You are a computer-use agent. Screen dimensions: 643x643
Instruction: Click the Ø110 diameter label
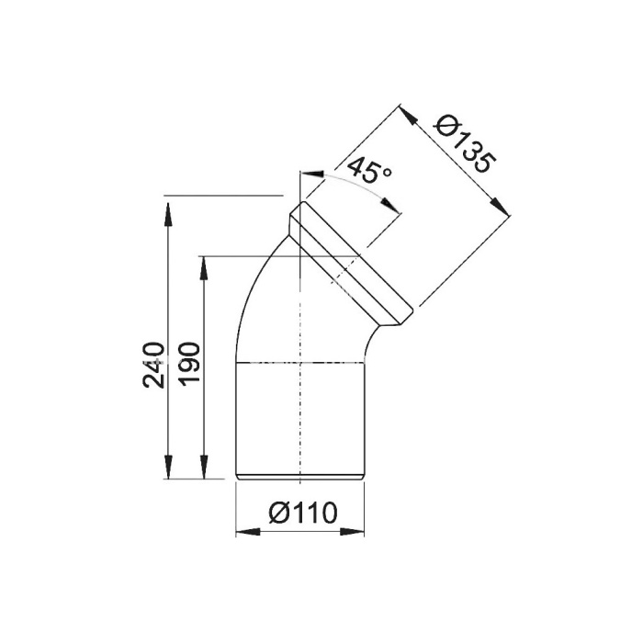click(x=303, y=513)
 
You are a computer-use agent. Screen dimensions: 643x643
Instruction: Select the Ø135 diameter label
click(x=467, y=144)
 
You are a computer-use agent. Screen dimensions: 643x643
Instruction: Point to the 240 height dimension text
click(x=153, y=365)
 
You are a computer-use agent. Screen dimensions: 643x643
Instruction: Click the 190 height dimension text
click(x=190, y=363)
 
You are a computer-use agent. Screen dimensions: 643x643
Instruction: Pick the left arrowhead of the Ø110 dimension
click(x=248, y=532)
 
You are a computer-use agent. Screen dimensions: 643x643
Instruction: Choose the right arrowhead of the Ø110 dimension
click(x=353, y=532)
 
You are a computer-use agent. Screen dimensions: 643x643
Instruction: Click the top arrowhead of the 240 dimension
click(x=167, y=214)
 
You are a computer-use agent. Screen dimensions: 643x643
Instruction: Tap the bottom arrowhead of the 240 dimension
click(x=167, y=467)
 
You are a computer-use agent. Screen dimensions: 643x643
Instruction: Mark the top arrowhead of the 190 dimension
click(x=203, y=268)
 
